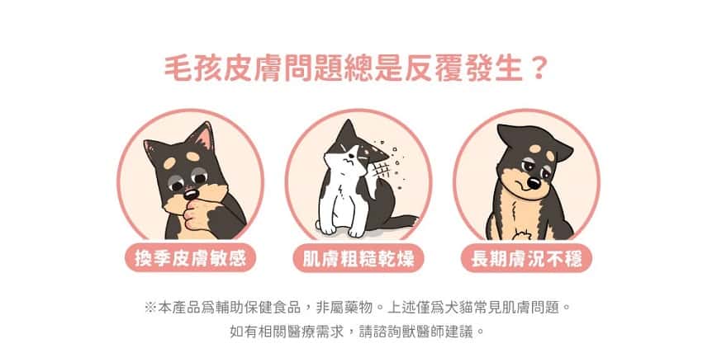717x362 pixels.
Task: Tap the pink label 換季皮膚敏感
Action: click(190, 258)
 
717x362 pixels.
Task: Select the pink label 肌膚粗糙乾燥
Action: click(358, 258)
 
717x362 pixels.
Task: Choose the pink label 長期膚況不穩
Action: click(526, 258)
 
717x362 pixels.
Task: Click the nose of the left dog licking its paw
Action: click(190, 194)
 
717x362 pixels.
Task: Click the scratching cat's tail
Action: click(398, 223)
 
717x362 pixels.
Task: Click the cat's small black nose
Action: click(348, 162)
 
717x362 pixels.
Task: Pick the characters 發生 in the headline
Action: click(494, 68)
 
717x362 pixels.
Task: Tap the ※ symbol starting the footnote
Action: click(150, 308)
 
